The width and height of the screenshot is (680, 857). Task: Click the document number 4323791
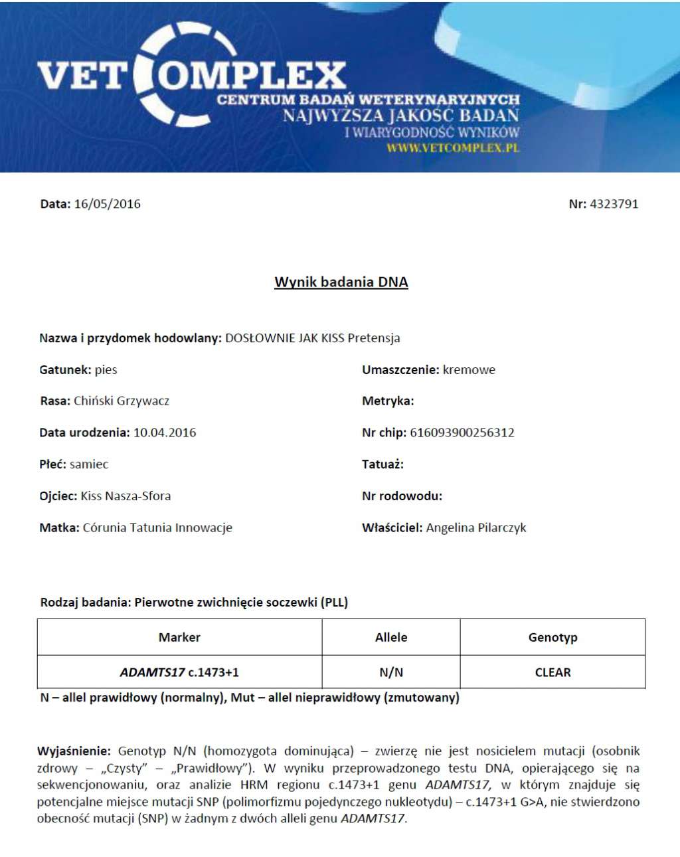[x=614, y=204]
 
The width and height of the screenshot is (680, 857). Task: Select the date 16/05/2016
[x=107, y=204]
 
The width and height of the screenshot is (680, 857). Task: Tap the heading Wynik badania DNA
[x=341, y=282]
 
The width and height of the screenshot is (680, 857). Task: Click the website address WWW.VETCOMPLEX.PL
[x=452, y=148]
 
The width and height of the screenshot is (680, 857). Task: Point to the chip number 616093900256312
[x=462, y=432]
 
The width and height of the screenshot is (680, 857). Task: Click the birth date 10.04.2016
[x=165, y=432]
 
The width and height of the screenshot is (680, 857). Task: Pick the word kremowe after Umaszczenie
[x=469, y=370]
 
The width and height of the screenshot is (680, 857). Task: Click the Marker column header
[x=179, y=637]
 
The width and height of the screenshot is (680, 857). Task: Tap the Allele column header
[x=391, y=637]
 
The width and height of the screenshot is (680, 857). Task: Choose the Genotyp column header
[x=552, y=637]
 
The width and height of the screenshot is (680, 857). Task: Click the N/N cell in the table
[x=391, y=672]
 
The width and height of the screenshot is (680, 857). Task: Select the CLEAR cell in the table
[x=552, y=672]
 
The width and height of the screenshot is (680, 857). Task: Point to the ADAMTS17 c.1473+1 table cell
[x=179, y=672]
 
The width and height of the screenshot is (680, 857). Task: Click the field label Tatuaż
[x=382, y=464]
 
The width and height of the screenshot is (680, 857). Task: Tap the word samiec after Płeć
[x=89, y=464]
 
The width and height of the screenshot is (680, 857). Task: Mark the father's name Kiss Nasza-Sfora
[x=126, y=496]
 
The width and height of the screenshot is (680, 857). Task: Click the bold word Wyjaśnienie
[x=74, y=751]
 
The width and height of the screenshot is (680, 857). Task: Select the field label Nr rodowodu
[x=402, y=496]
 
